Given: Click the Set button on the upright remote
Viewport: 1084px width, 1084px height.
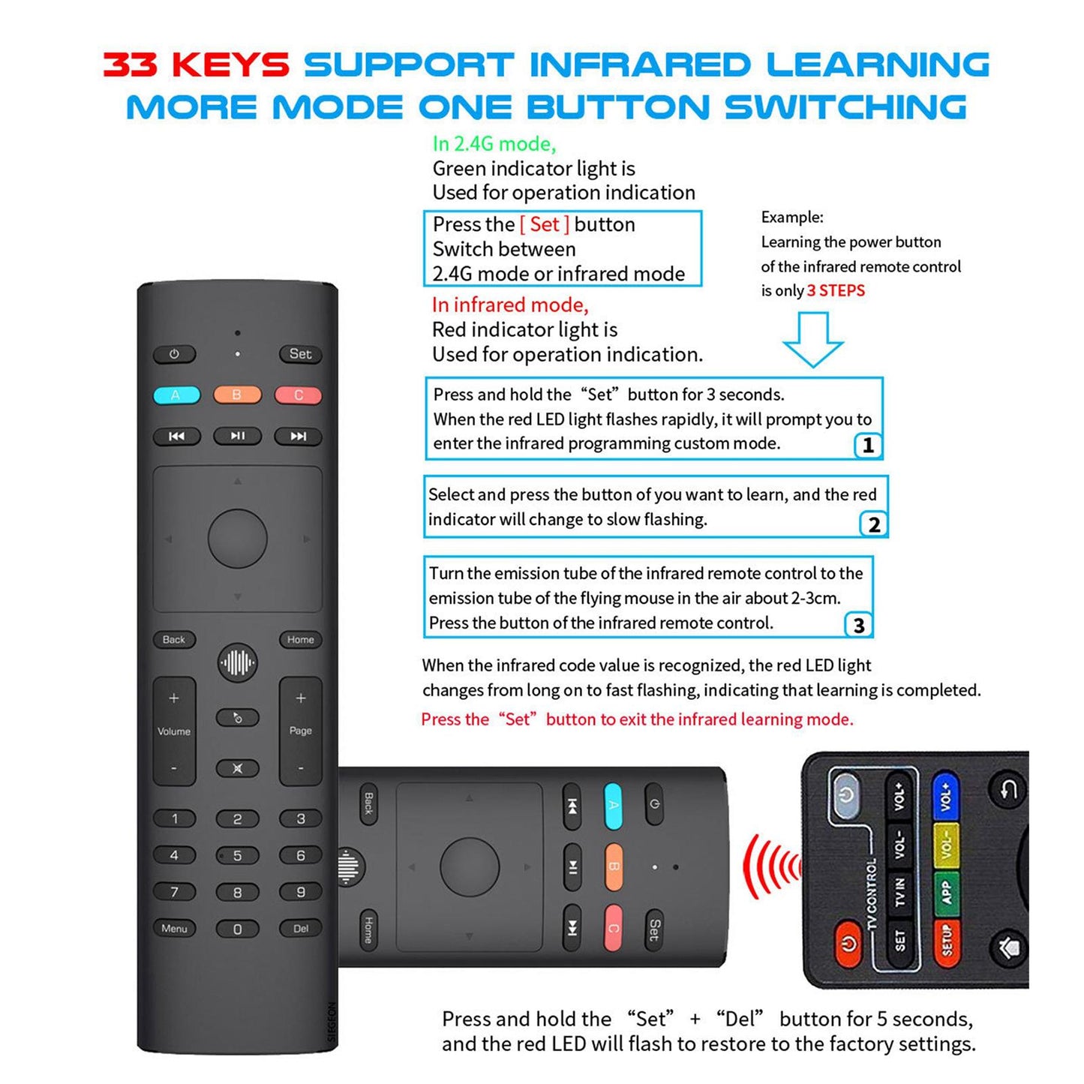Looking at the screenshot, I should pos(300,354).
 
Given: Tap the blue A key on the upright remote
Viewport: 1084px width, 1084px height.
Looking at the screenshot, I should pos(176,395).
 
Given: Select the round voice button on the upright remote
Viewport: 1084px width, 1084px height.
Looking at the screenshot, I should pos(237,662).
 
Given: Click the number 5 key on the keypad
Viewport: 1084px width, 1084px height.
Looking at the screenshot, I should pos(237,856).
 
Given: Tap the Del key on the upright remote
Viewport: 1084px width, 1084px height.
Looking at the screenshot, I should pos(300,929).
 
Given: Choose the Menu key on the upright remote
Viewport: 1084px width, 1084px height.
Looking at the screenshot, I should pos(174,929).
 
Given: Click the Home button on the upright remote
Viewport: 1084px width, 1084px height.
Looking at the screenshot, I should pos(300,640).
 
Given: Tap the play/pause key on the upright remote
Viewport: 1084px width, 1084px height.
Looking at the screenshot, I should pos(237,436).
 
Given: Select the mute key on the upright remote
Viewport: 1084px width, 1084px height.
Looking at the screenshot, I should pos(237,768).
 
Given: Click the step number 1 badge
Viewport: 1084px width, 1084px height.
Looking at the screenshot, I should pos(868,446).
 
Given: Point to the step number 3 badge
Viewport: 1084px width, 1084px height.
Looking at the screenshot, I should pos(859,625).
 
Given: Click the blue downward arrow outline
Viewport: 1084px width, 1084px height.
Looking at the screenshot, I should pos(813,339).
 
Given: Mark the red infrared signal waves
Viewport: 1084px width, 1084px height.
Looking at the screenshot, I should pos(771,867).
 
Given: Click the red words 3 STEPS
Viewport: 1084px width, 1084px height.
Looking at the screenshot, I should pos(836,291).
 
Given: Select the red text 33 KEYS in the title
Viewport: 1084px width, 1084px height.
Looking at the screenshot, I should pos(197,65).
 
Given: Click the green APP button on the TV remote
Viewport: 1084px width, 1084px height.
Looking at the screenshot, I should pos(946,892).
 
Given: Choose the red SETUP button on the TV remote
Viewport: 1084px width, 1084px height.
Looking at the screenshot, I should pos(946,939).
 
